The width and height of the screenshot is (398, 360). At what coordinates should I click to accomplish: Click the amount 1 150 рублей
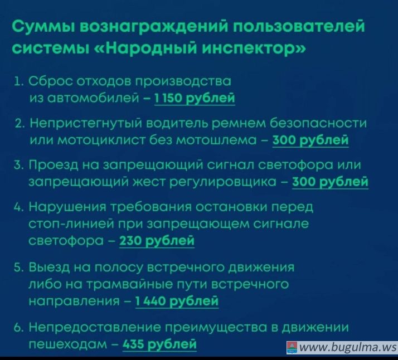click(x=195, y=98)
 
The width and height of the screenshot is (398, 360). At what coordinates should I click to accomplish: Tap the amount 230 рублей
click(x=157, y=241)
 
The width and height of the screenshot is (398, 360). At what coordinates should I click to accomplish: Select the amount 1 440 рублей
click(x=177, y=301)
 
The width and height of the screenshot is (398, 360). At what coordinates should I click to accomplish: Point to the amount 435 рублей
click(x=159, y=344)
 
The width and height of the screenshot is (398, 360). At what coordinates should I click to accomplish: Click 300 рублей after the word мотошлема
click(x=310, y=140)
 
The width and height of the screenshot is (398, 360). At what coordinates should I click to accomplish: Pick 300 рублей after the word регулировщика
click(x=330, y=182)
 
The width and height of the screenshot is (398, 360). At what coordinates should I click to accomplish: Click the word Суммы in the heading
click(x=42, y=26)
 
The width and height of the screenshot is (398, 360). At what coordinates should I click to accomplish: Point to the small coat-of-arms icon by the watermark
click(x=292, y=347)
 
